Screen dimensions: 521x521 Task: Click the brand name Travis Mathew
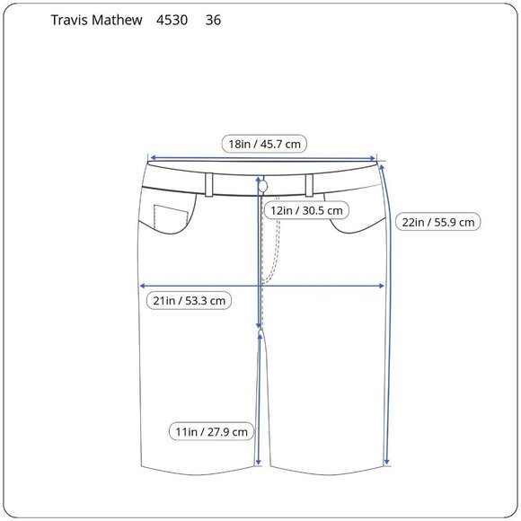click(96, 21)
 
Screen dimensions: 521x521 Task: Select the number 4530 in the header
click(172, 21)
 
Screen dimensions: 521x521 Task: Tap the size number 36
click(213, 21)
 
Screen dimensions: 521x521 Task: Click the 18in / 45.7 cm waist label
click(264, 145)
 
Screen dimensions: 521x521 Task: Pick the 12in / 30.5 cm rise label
click(306, 210)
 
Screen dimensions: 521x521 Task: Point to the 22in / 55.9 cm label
click(438, 222)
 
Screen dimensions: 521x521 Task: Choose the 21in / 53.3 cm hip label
click(189, 301)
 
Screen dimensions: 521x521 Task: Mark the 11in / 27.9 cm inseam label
click(211, 431)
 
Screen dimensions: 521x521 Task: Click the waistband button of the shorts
click(263, 187)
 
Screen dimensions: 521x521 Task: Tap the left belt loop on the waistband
click(209, 185)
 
